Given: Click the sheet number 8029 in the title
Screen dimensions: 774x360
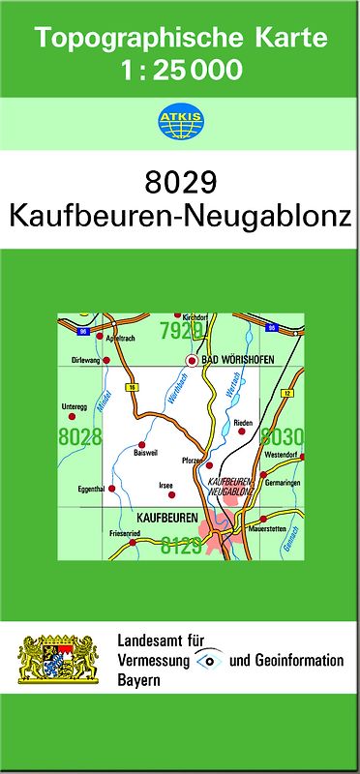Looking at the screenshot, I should coord(180,183).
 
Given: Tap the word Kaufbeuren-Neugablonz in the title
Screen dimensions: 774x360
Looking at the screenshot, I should coord(180,216).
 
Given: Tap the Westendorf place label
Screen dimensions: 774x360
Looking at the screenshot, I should coord(281,454).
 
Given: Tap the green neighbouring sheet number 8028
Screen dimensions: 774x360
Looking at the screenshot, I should coord(80,437).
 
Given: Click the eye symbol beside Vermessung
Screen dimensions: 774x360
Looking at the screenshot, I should coord(210,660).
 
